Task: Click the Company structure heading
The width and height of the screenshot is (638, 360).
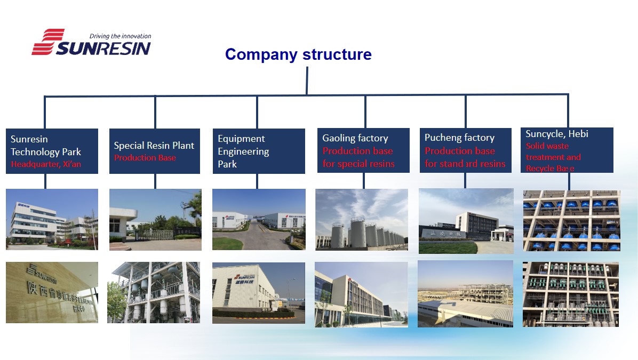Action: [x=298, y=54]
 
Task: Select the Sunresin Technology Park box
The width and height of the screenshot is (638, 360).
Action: [x=52, y=151]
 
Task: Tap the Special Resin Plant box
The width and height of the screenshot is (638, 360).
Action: [x=154, y=151]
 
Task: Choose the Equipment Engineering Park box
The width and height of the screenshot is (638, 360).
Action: [x=259, y=151]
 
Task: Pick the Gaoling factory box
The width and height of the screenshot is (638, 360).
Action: [x=363, y=150]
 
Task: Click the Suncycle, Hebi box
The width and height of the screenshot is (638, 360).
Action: [x=567, y=150]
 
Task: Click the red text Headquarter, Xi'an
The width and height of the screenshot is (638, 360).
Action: [x=46, y=164]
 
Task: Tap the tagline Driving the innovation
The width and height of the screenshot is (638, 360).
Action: [x=120, y=36]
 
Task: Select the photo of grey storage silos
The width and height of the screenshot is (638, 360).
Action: [x=362, y=219]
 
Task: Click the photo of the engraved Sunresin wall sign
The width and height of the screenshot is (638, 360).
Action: [x=52, y=292]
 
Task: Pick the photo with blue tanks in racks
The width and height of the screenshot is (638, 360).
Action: [x=571, y=221]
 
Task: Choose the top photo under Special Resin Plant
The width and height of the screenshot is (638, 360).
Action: [x=155, y=220]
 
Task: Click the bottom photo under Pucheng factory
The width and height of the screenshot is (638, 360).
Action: [x=465, y=293]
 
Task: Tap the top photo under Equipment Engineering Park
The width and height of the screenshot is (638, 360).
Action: [x=259, y=219]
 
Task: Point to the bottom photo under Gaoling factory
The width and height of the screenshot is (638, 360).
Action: [x=361, y=294]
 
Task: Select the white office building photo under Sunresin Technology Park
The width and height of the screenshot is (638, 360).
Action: [x=52, y=219]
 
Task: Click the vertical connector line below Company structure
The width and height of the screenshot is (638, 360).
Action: [x=307, y=80]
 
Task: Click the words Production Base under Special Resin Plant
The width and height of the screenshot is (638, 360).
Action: [x=145, y=158]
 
